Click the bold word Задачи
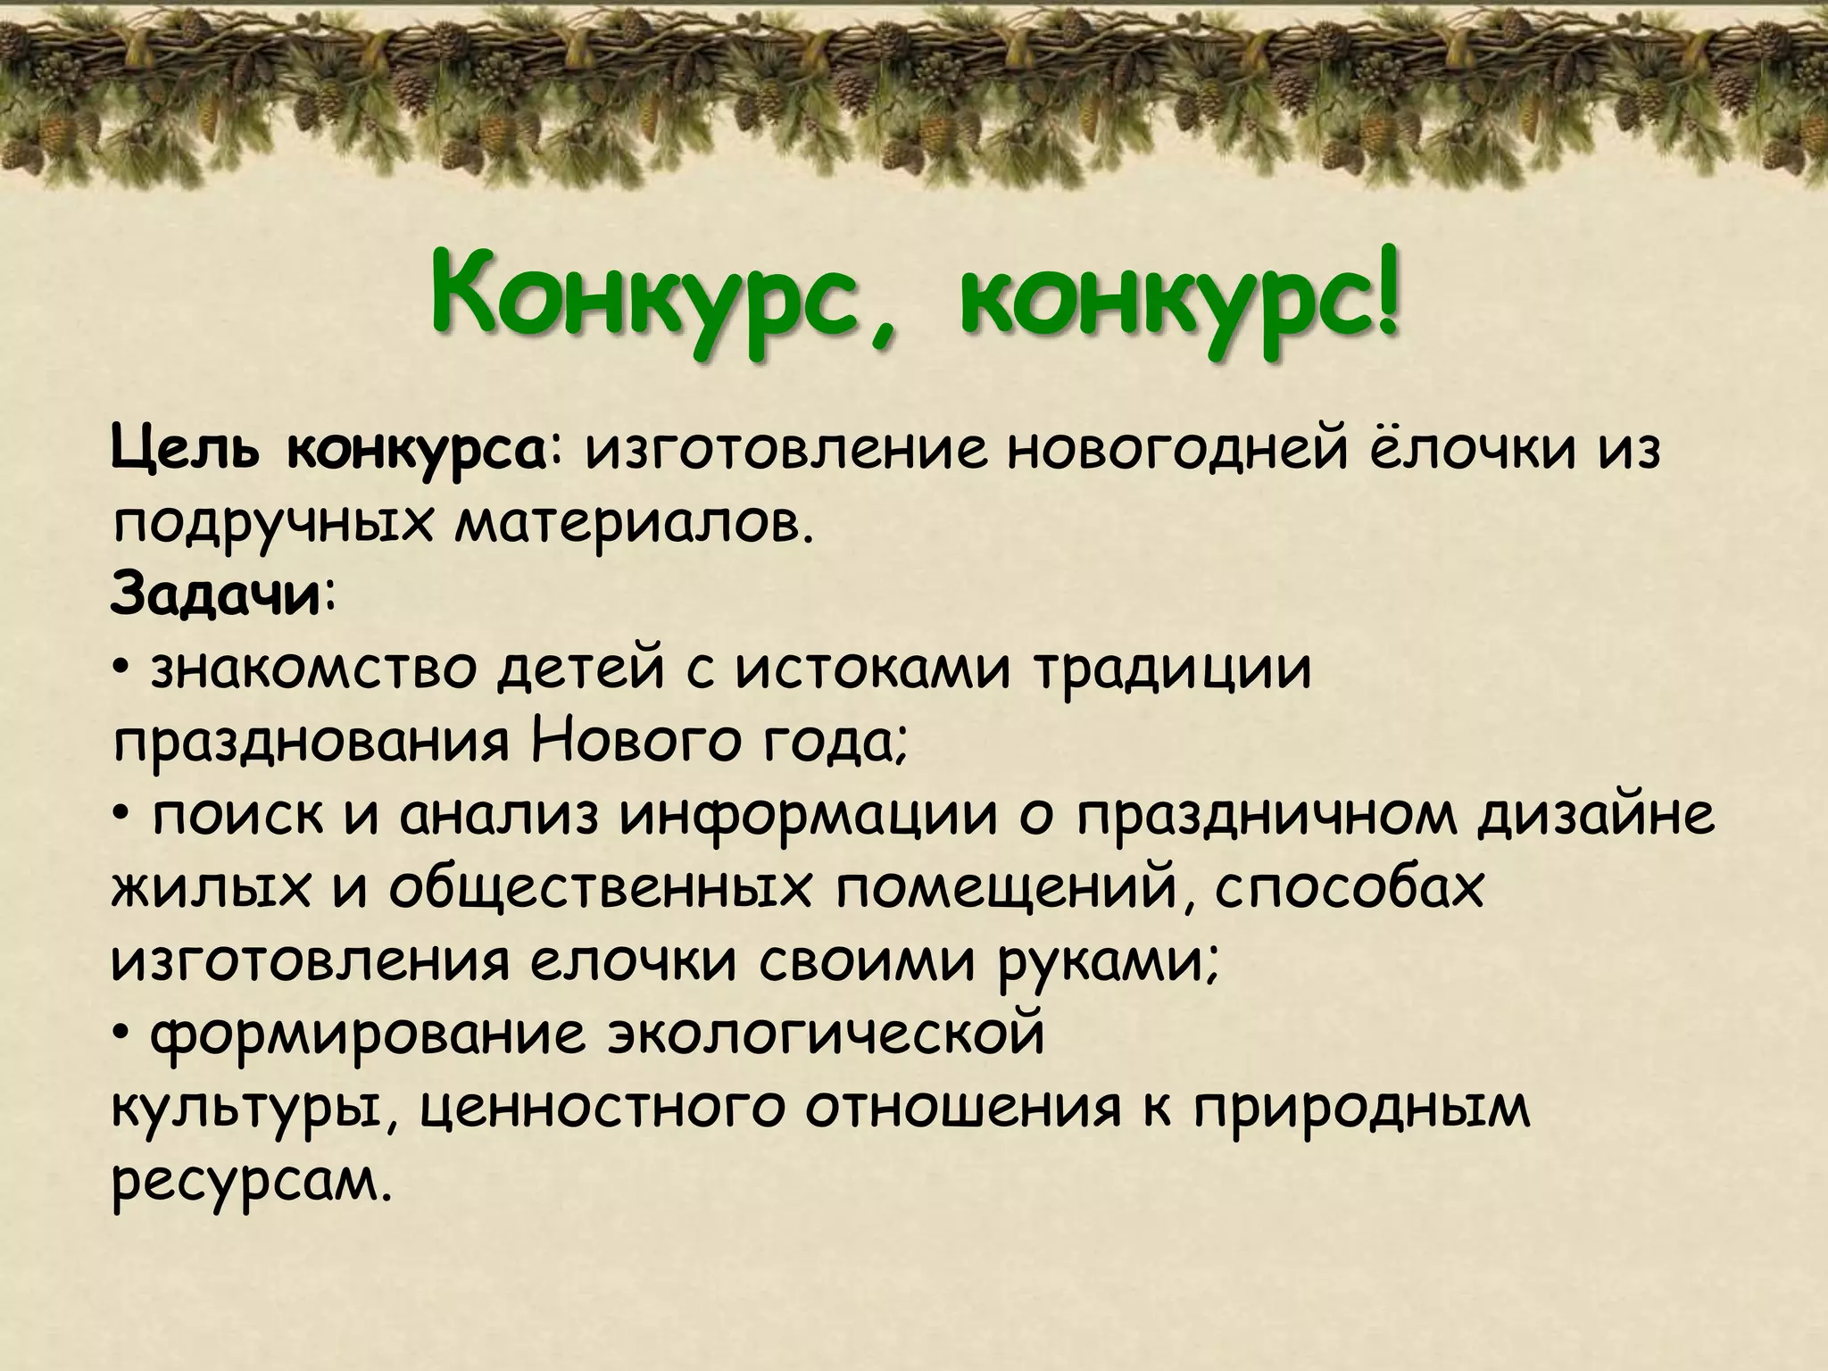(215, 596)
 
